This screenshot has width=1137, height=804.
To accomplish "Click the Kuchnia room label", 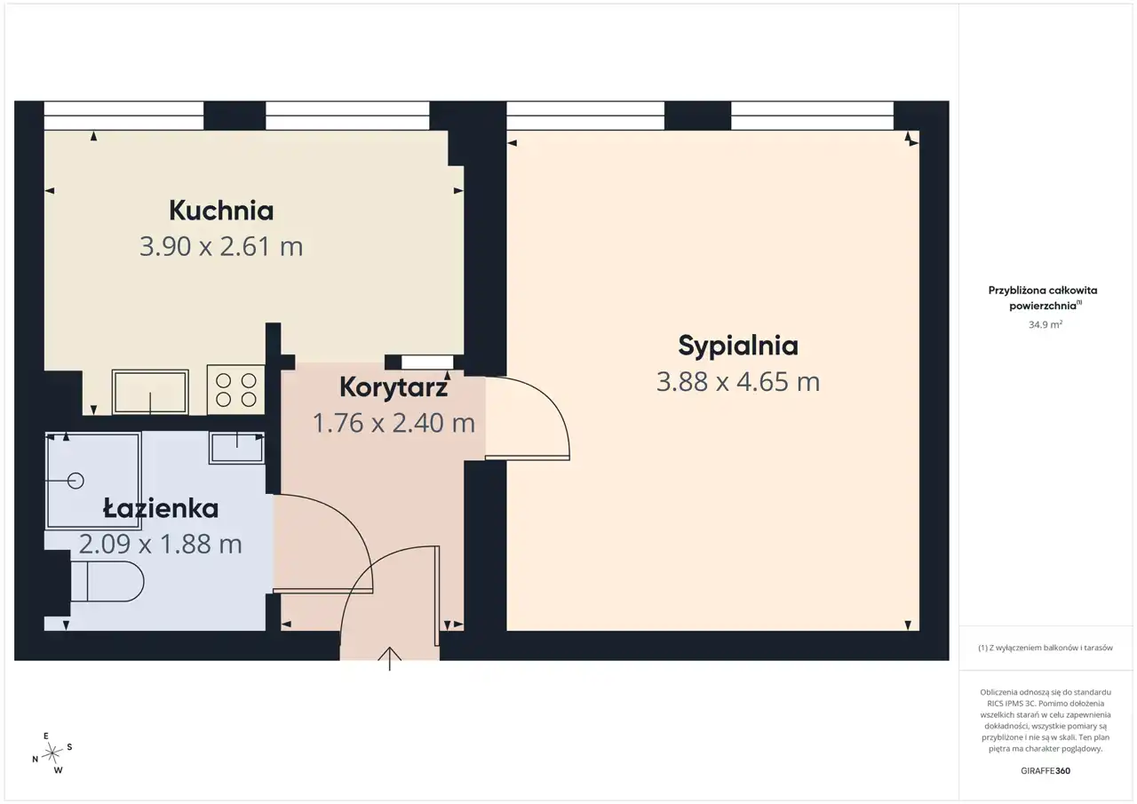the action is click(221, 211).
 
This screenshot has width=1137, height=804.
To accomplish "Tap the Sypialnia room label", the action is click(738, 346).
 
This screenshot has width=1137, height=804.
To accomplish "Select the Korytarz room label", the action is click(394, 387).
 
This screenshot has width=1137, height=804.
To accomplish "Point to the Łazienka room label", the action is click(161, 507).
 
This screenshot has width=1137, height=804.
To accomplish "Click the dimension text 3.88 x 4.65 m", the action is click(738, 382).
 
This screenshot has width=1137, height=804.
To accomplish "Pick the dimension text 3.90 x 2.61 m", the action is click(221, 247).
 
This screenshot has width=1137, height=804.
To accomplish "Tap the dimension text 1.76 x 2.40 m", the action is click(394, 423).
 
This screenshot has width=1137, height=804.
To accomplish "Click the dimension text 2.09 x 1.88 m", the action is click(161, 544).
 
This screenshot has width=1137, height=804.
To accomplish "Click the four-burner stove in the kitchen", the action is click(236, 390).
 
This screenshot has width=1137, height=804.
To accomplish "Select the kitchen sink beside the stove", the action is click(150, 392).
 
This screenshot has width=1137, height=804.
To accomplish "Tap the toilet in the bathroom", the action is click(107, 581).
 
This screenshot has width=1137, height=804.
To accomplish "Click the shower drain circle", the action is click(76, 480).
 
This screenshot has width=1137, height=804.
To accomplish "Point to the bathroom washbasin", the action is click(236, 448).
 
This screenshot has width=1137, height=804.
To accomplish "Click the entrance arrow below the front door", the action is click(390, 659).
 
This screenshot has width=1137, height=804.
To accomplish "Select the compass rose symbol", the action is click(52, 753).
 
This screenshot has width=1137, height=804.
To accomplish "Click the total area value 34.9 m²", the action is click(1046, 324).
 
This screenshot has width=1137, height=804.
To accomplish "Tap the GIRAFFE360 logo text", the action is click(1046, 770).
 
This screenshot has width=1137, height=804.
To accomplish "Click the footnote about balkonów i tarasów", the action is click(1046, 648).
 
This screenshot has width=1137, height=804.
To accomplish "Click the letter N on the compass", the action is click(35, 760).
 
